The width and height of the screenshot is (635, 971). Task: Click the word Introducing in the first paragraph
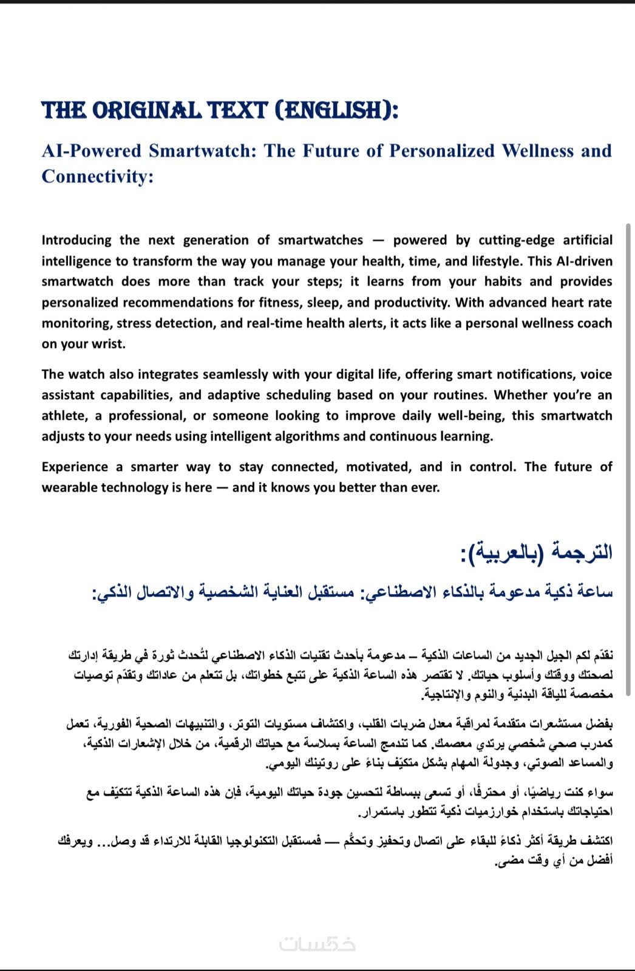76,240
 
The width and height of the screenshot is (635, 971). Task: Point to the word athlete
63,416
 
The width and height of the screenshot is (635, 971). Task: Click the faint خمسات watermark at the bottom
317,944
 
